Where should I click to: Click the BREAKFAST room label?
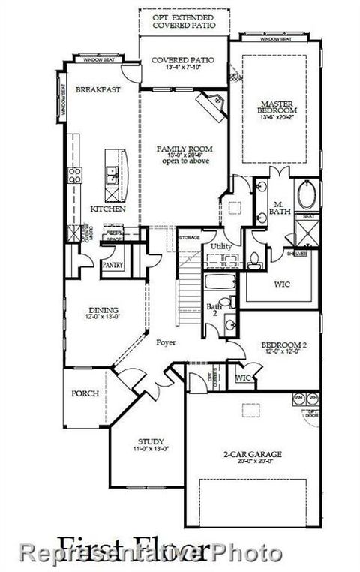pos(93,90)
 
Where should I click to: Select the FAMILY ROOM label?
pos(183,150)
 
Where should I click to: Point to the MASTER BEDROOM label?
pos(274,108)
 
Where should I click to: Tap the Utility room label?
pos(221,246)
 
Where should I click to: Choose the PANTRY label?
pos(113,265)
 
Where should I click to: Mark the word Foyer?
pos(166,342)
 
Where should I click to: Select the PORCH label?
pos(84,393)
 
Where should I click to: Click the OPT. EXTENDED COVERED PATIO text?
pos(184,20)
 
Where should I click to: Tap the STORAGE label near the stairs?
pos(189,238)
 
